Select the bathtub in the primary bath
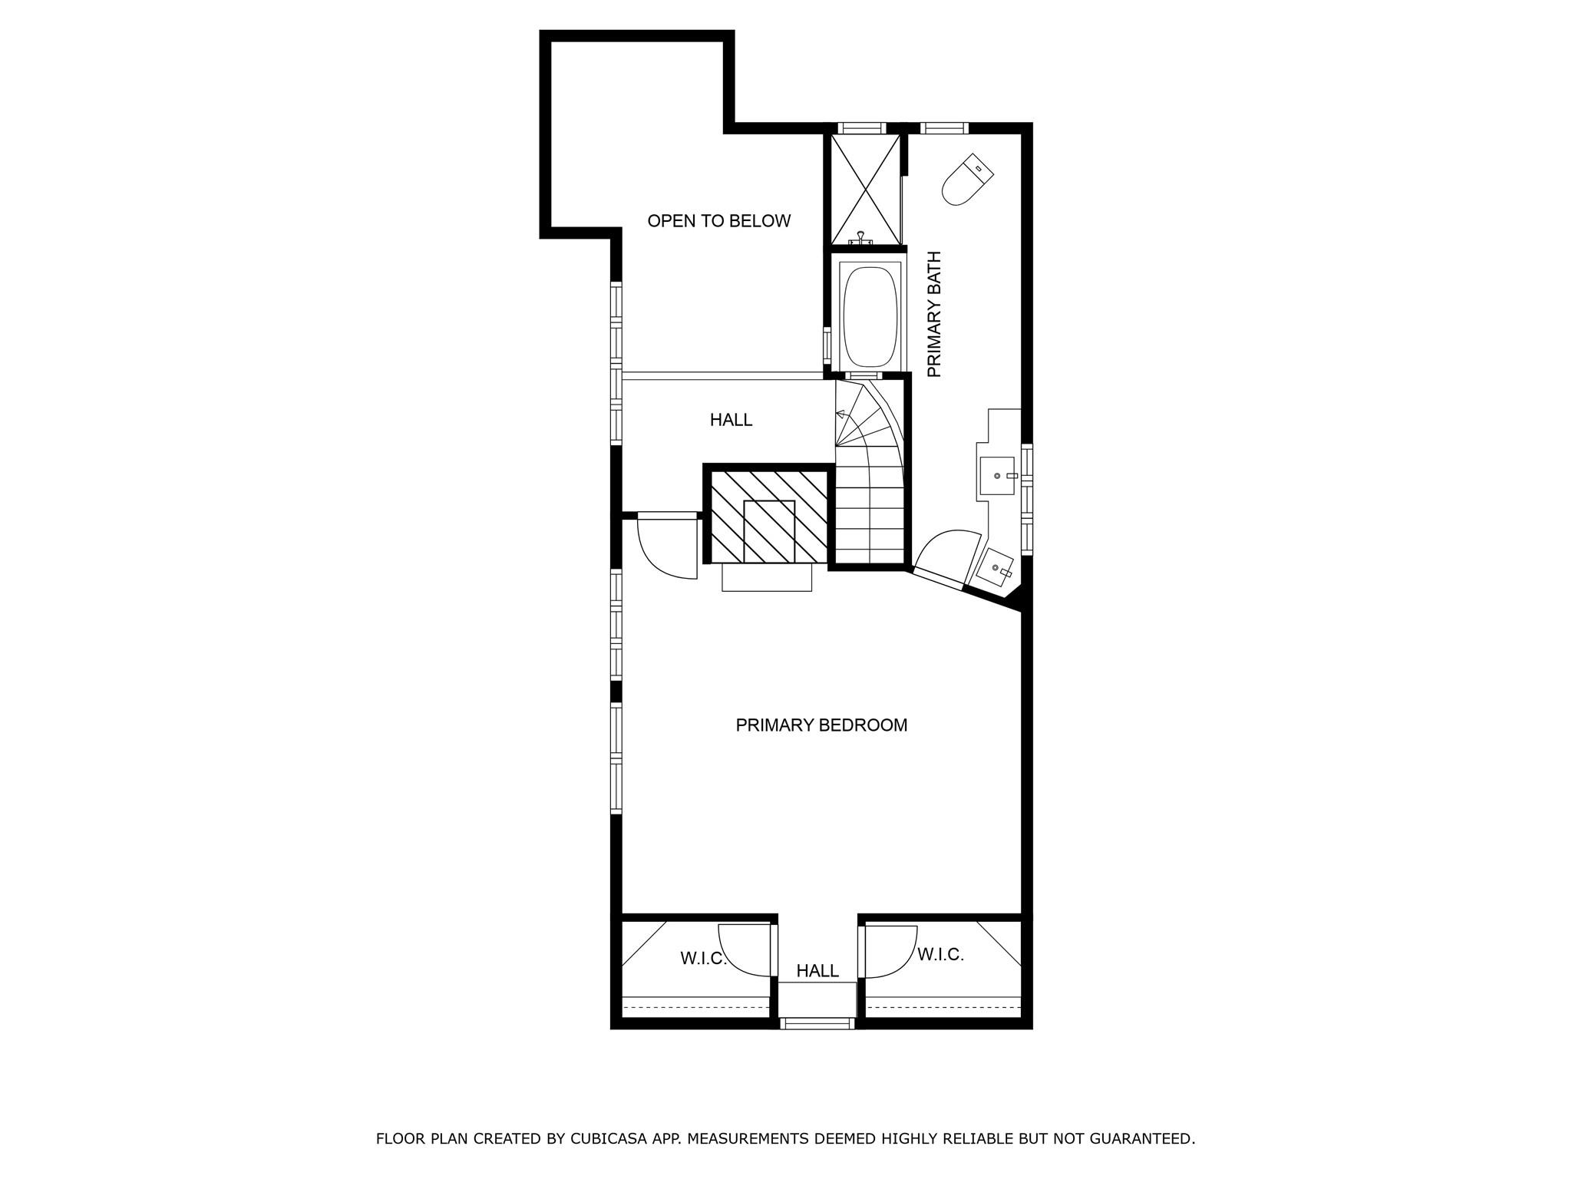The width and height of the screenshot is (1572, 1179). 870,316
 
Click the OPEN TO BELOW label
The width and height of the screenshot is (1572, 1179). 718,221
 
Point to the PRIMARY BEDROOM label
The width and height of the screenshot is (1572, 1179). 821,725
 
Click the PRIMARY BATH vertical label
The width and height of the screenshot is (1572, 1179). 934,314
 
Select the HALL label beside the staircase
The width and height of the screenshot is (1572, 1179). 731,420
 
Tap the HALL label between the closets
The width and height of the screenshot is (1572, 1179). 817,971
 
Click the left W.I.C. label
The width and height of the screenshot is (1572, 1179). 702,959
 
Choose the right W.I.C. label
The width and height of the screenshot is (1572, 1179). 940,955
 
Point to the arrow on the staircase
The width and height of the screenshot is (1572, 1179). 840,414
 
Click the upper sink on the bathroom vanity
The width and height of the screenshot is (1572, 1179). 998,476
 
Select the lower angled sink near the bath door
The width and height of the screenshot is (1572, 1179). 996,567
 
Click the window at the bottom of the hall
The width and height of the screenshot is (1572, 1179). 817,1022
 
